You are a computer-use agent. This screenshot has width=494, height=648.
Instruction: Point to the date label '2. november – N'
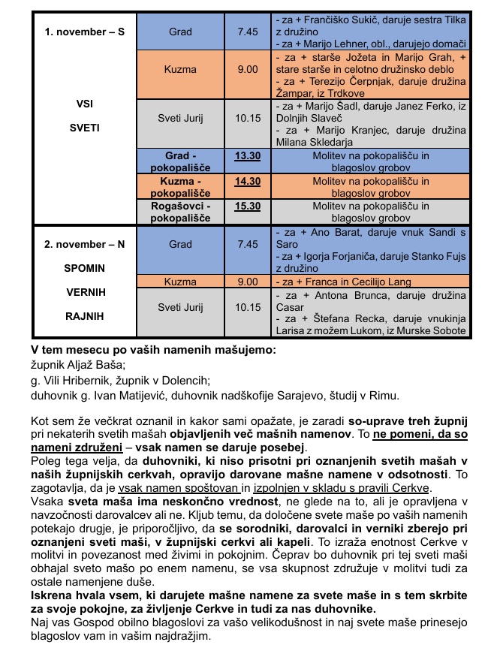[x=85, y=245]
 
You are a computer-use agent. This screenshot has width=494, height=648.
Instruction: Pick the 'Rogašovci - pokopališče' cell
[x=181, y=211]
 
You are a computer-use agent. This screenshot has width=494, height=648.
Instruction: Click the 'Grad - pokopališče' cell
[x=181, y=161]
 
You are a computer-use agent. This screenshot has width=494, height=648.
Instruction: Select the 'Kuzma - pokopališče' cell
[x=181, y=186]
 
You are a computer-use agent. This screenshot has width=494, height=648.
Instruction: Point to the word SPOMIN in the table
[x=85, y=268]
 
